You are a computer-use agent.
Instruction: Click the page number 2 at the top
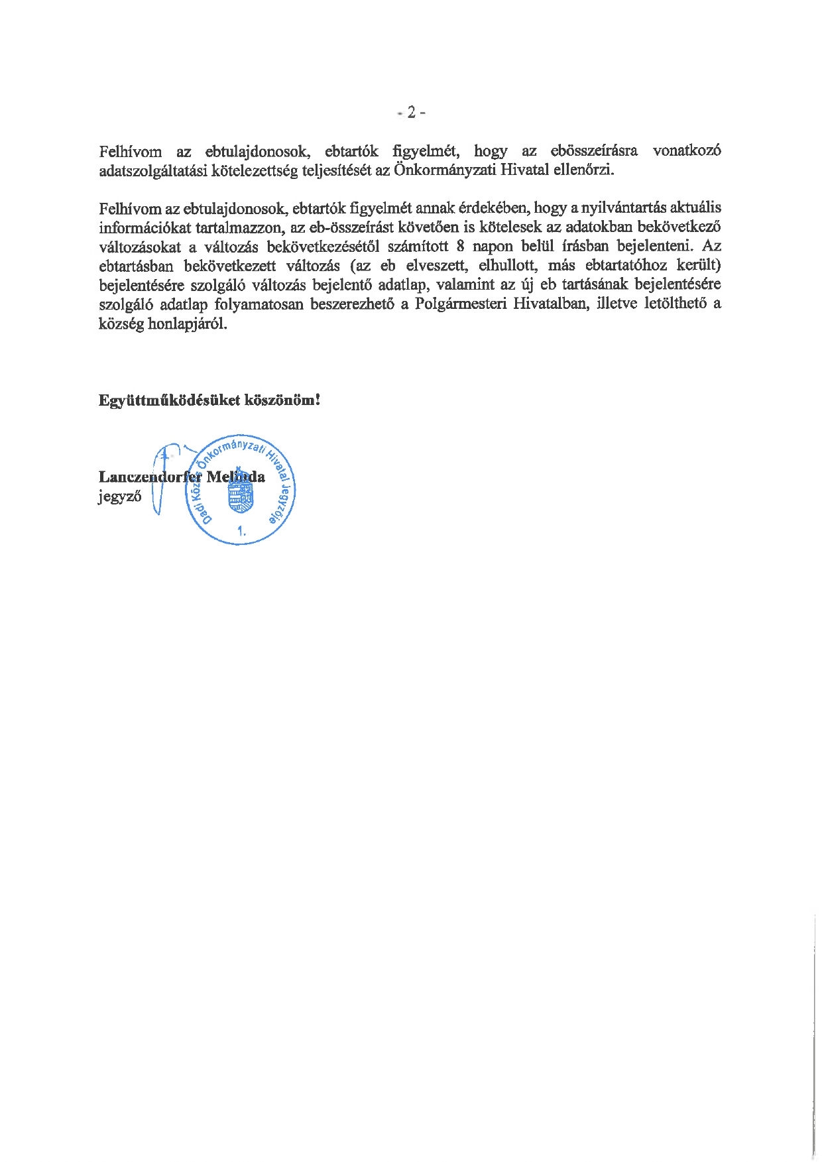[411, 113]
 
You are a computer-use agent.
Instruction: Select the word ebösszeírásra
[594, 151]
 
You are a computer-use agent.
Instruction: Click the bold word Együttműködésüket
[168, 401]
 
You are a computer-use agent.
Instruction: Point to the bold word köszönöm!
[283, 401]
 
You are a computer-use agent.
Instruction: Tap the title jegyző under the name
[119, 496]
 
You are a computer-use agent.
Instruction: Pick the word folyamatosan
[259, 304]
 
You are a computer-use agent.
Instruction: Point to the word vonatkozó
[687, 151]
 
